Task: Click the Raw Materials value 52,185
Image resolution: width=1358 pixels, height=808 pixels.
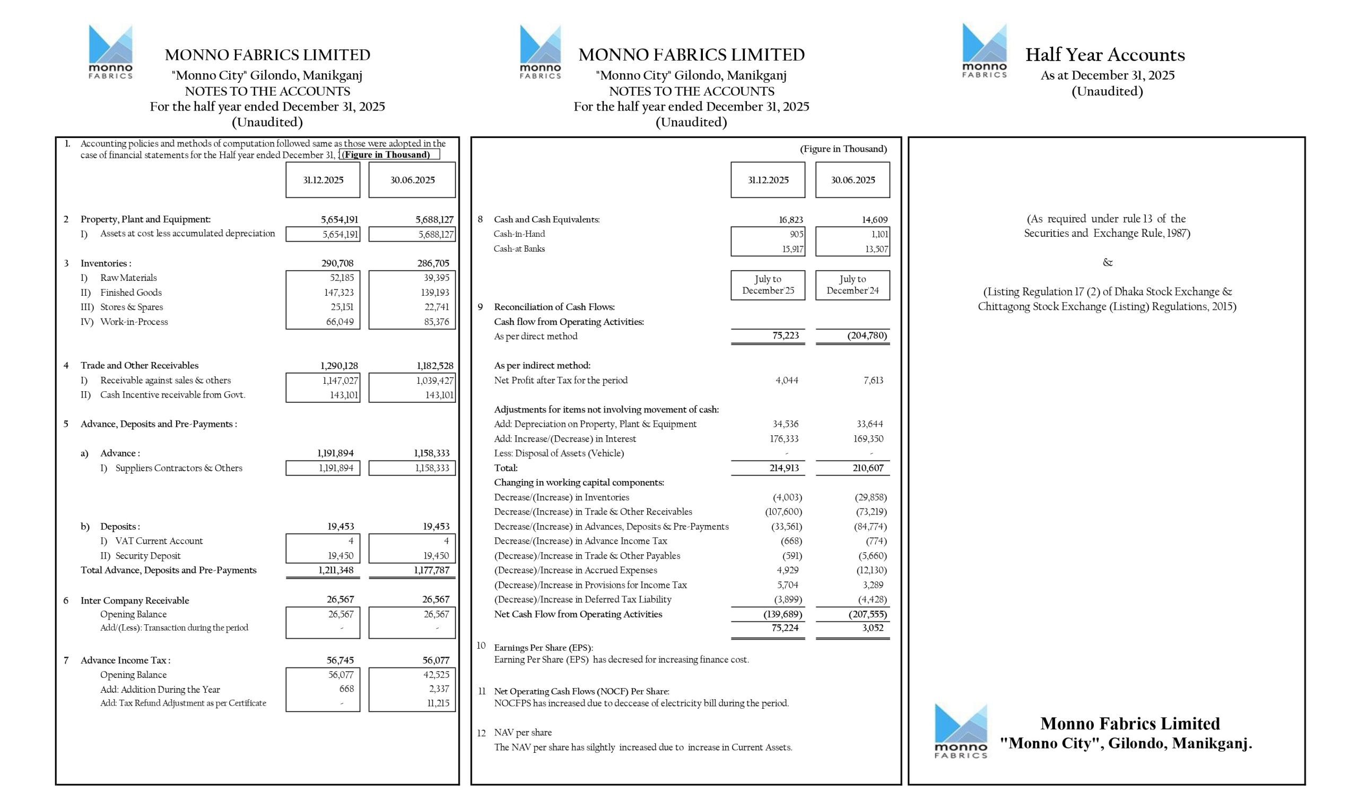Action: coord(342,278)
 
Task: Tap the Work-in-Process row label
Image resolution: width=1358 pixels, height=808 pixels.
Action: coord(134,322)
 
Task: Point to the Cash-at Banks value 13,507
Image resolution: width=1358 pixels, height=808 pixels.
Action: coord(876,250)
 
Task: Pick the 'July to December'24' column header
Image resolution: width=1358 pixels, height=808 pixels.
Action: coord(852,285)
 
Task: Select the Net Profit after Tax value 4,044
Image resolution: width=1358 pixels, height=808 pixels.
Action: coord(787,380)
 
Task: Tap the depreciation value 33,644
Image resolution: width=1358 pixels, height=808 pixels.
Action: coord(869,424)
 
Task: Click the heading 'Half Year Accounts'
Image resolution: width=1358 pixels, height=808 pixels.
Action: coord(1104,55)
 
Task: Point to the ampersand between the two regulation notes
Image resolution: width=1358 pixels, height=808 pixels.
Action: coord(1107,262)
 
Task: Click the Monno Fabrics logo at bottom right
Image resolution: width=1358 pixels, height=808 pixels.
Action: coord(960,730)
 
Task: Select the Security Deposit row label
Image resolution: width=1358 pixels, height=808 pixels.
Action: coord(147,555)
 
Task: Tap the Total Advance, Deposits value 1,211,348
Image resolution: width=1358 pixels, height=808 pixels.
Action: coord(336,570)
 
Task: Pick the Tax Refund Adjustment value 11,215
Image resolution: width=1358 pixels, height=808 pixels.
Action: coord(438,703)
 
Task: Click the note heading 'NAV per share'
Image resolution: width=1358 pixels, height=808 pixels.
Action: coord(523,732)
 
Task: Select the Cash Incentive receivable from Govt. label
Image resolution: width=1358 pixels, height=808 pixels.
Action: coord(172,395)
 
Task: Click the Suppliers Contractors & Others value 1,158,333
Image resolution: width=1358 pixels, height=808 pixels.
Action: coord(431,468)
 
